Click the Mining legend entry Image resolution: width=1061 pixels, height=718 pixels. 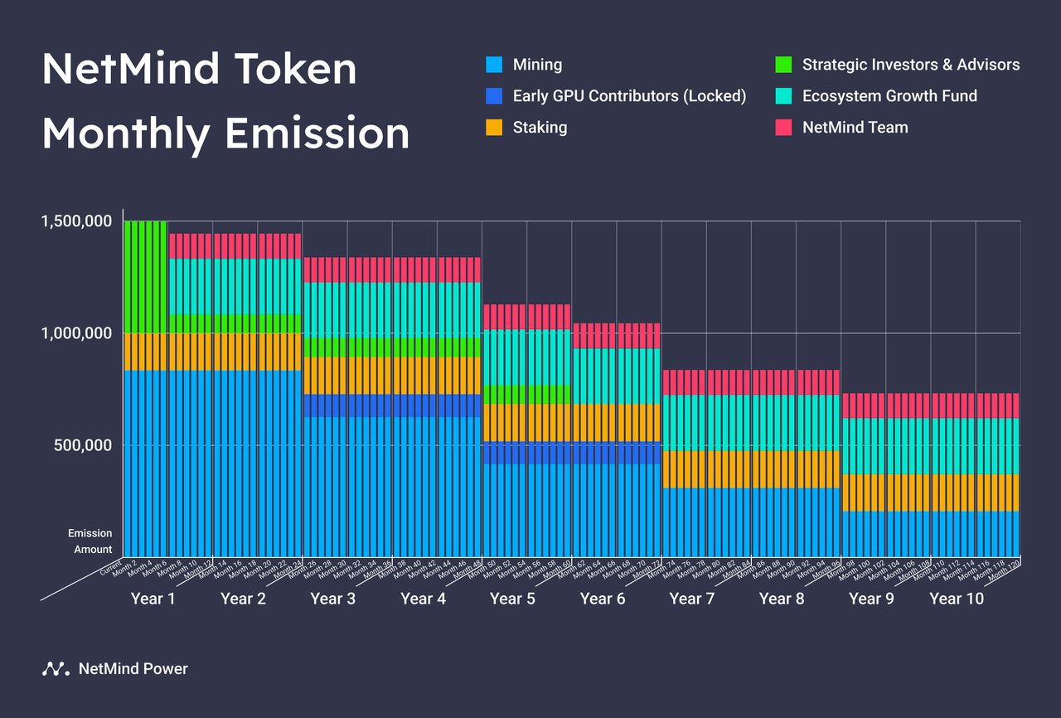tap(538, 65)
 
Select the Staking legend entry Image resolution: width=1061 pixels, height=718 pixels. tap(540, 128)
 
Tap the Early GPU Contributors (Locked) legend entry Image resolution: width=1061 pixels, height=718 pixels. tap(629, 96)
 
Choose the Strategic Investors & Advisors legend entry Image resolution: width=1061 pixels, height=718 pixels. tap(910, 65)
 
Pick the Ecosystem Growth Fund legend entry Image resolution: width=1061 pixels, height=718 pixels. tap(889, 96)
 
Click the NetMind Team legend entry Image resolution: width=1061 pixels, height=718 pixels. tap(855, 128)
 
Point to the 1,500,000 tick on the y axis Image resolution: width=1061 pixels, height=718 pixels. tap(77, 221)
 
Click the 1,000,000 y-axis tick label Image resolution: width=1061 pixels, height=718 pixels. tap(77, 333)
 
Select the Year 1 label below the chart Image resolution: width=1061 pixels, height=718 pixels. tap(153, 599)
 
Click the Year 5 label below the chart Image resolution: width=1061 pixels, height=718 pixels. tap(512, 599)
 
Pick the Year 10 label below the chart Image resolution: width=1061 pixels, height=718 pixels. tap(957, 599)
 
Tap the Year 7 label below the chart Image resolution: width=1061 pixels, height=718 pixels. tap(691, 599)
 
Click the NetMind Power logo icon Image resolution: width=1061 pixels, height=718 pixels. tap(55, 669)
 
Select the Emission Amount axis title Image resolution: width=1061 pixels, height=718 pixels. tap(90, 541)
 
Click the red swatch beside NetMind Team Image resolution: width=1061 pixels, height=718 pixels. tap(783, 128)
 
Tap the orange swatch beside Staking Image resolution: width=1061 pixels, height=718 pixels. tap(494, 128)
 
